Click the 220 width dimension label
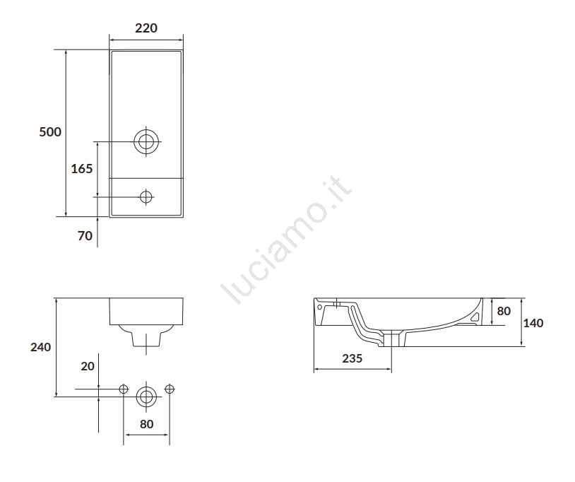[x=146, y=28]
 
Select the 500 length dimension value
[x=50, y=131]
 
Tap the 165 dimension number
[x=82, y=169]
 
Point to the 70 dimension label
[x=85, y=235]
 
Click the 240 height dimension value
[x=41, y=347]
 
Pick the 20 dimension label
[x=88, y=366]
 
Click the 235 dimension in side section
[x=352, y=358]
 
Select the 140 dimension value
[x=533, y=323]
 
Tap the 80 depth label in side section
[x=504, y=311]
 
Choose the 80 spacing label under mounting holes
[x=147, y=424]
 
